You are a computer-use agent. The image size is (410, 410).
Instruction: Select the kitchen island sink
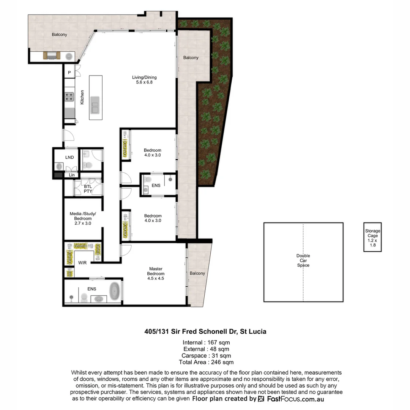tap(95, 104)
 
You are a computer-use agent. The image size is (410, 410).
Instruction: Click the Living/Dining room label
tap(142, 80)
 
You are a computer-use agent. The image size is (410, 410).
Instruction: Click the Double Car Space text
tap(303, 260)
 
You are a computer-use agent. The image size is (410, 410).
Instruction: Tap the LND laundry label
tap(69, 157)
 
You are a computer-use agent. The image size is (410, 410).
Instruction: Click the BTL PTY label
tap(88, 189)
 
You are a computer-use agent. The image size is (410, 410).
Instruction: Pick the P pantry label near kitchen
tap(69, 72)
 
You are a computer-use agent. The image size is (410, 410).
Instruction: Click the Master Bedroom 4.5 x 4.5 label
tap(156, 273)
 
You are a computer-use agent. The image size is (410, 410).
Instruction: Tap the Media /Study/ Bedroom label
tap(83, 218)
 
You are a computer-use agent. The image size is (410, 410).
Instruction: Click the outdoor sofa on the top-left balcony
tap(52, 56)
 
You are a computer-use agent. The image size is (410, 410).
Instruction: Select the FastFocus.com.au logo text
tap(295, 399)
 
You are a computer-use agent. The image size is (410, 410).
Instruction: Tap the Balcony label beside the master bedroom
tap(197, 273)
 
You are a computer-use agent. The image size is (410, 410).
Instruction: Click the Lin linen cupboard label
tap(72, 175)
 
